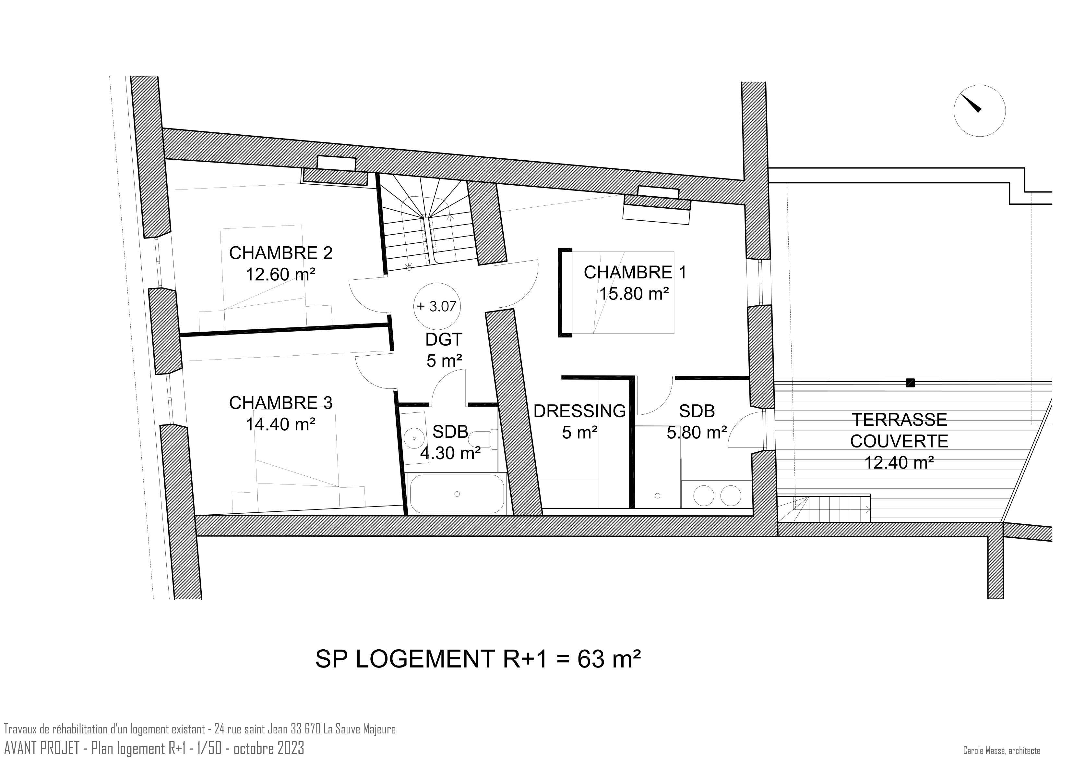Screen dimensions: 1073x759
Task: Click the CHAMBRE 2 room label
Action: (x=280, y=253)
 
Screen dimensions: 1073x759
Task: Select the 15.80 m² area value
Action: (x=634, y=294)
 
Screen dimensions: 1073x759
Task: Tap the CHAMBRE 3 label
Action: (x=280, y=403)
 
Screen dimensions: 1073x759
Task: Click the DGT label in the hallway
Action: (x=444, y=339)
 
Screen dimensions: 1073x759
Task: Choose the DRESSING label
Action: (x=579, y=411)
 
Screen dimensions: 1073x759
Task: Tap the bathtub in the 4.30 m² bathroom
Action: (x=456, y=494)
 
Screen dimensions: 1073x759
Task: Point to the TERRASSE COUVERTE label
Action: (x=899, y=430)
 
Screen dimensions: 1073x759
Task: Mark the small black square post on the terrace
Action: (x=910, y=383)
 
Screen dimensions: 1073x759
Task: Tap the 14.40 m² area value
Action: (x=280, y=424)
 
